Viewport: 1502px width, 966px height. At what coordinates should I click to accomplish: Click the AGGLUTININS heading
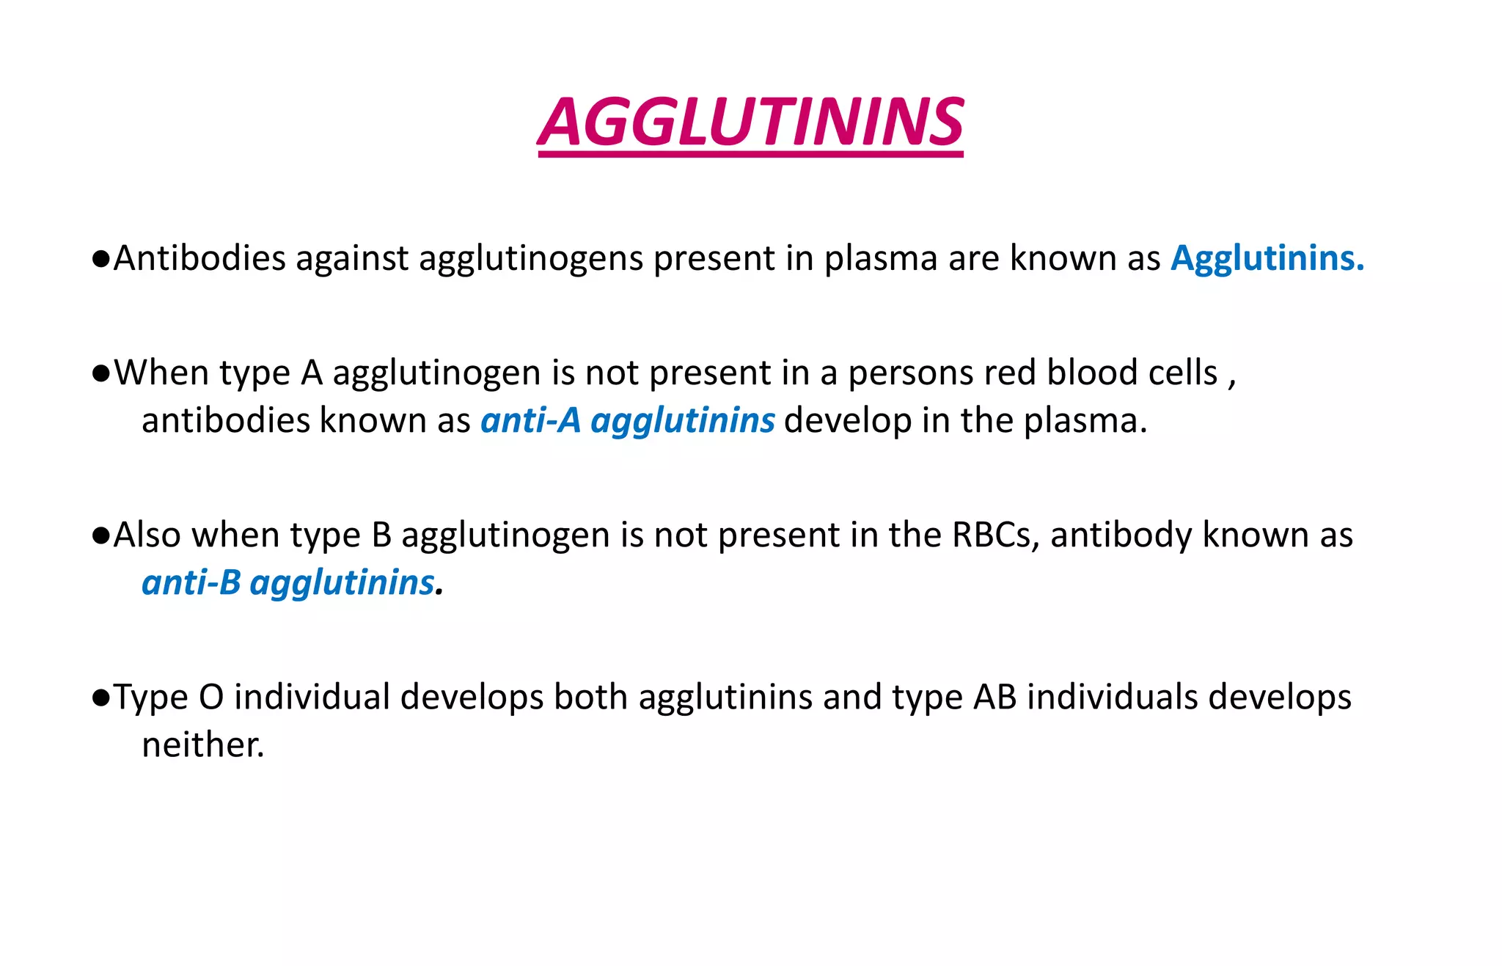coord(750,122)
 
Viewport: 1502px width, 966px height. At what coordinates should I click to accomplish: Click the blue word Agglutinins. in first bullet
coord(1267,258)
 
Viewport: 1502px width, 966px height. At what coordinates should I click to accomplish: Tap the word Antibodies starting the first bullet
coord(199,258)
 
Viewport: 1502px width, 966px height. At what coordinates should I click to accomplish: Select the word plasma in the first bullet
coord(880,258)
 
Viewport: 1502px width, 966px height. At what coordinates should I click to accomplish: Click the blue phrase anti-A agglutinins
coord(627,421)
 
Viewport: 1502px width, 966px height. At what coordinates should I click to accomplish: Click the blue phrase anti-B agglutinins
coord(288,583)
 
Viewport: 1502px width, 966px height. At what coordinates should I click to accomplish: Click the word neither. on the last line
coord(202,745)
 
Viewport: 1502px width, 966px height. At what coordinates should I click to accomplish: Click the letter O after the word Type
coord(210,697)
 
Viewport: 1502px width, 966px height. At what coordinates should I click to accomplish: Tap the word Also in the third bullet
coord(147,535)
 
